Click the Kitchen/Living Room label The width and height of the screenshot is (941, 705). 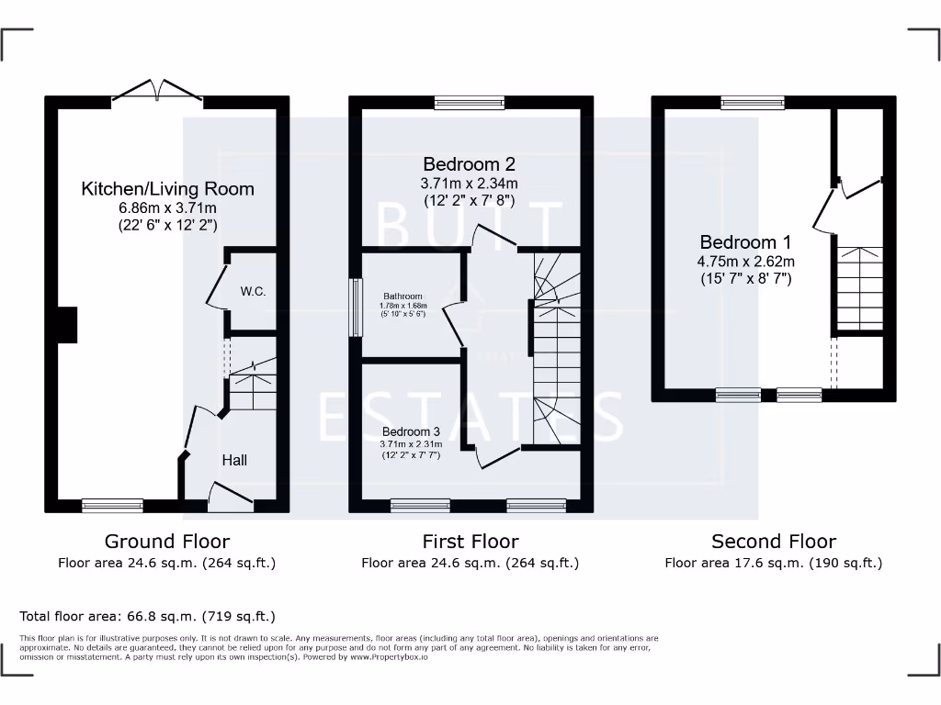coord(167,189)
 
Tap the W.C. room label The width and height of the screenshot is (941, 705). coord(253,292)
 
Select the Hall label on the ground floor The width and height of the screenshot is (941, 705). coord(234,460)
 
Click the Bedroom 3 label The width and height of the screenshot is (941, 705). coord(412,431)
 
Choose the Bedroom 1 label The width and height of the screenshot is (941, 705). coord(745,242)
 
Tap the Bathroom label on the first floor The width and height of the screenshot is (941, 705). coord(402,297)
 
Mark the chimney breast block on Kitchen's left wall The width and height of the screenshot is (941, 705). coord(66,325)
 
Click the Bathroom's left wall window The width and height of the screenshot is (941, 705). coord(355,308)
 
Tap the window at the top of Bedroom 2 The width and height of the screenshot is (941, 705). coord(470,103)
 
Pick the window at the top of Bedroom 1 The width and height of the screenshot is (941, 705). coord(753,103)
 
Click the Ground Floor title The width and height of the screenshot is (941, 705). coord(167,542)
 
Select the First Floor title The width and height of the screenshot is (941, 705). coord(470,542)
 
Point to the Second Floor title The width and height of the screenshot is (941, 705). coord(774,542)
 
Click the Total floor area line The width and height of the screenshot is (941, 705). coord(147,617)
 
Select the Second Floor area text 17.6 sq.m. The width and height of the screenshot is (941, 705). coord(773,563)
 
